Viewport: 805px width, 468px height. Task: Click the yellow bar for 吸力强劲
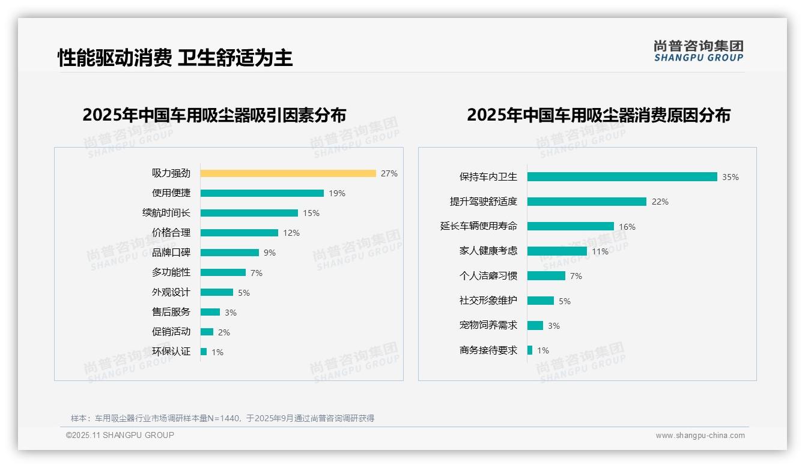[288, 173]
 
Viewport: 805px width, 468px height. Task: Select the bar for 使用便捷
[262, 193]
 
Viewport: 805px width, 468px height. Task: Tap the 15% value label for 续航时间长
[311, 213]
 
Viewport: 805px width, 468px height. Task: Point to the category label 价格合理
[171, 233]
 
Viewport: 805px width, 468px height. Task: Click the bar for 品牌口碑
[229, 253]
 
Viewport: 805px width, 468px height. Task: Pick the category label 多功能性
[171, 272]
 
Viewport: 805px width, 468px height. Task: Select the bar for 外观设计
[217, 292]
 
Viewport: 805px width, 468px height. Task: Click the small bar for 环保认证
[204, 352]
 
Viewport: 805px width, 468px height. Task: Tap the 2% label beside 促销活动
[224, 332]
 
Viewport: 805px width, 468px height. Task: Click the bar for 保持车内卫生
[622, 177]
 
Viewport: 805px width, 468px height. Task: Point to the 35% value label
[731, 177]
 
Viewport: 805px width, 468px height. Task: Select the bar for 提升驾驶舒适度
[586, 202]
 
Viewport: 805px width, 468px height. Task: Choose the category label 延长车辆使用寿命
[478, 226]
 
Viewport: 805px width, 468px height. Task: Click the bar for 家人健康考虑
[557, 251]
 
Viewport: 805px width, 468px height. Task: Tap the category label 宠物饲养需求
[488, 325]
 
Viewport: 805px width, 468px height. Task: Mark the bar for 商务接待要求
[530, 350]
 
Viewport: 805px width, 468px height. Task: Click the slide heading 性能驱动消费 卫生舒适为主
[175, 58]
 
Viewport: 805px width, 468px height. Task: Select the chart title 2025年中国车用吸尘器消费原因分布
[598, 115]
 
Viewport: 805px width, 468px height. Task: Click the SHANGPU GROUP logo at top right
[698, 51]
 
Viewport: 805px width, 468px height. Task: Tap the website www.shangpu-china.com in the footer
[700, 436]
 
